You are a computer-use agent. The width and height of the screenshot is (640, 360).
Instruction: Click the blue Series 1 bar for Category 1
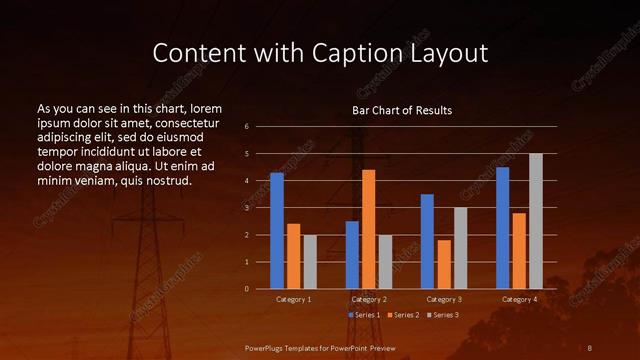tap(277, 231)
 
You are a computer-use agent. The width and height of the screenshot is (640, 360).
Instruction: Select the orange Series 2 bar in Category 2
tap(369, 229)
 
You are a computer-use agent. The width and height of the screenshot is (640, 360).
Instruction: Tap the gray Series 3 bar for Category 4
tap(535, 221)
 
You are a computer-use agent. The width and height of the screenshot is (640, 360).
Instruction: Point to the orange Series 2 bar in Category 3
tap(444, 264)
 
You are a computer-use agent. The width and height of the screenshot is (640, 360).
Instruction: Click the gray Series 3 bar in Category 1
tap(310, 262)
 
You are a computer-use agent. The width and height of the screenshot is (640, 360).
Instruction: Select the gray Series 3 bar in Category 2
tap(385, 262)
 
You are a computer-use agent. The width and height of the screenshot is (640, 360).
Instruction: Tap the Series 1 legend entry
tap(365, 315)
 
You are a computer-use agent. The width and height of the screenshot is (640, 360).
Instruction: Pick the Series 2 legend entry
tap(402, 315)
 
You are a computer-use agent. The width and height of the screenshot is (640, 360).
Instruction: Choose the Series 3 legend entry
tap(441, 315)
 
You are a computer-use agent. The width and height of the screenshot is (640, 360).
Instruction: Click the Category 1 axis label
tap(293, 299)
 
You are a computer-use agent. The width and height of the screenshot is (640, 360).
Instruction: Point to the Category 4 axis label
tap(518, 299)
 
